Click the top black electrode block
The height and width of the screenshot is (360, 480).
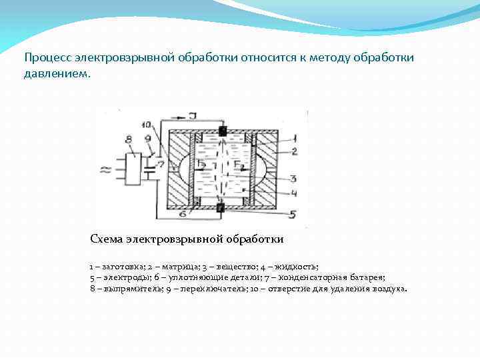pos(223,131)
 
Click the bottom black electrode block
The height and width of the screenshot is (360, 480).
pos(221,208)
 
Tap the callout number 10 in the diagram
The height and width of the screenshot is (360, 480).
pos(147,125)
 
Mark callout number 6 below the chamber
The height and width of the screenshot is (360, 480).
pos(182,215)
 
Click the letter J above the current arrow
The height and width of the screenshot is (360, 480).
pos(193,115)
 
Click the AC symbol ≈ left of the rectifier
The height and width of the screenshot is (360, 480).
pos(105,169)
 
